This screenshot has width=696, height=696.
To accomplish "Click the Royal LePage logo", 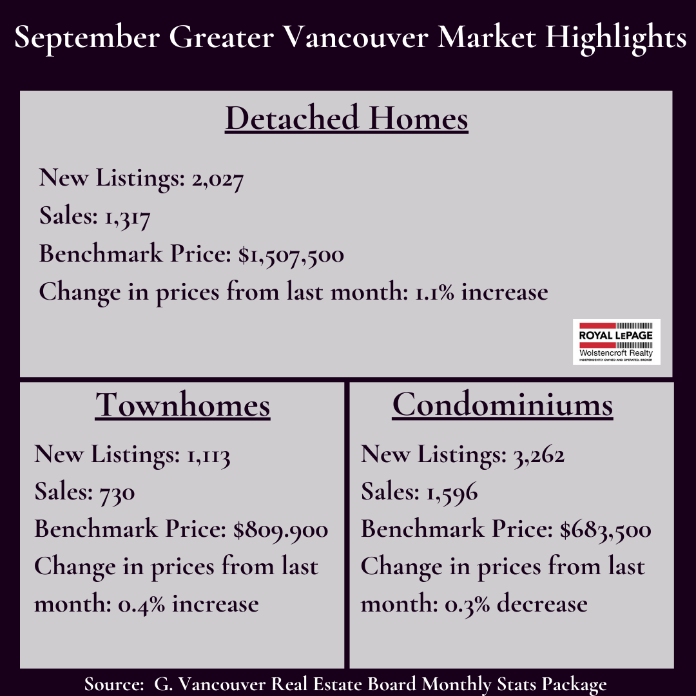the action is pos(616,342).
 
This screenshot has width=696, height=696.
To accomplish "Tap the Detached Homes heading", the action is pos(347,118).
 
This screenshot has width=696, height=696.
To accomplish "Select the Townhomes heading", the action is pos(182,404).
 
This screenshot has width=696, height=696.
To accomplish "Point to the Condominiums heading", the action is pos(503,404).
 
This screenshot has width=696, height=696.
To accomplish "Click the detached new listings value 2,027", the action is pos(218,180).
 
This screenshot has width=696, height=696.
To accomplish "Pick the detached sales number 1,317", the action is pos(128,218).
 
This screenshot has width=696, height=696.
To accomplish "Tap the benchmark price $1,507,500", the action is pos(291,255).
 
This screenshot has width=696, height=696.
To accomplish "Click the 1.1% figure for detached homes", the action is pos(434,293).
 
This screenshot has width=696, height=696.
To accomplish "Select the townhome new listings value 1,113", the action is pos(208,456).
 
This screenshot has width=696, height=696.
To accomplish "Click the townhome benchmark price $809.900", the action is pos(280,530).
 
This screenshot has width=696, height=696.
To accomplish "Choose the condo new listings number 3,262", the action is pos(539,456).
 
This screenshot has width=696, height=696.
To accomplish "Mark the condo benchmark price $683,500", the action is pos(605,530).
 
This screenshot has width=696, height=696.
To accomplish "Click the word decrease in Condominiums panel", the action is pos(542,604).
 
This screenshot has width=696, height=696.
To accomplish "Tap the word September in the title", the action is pos(87,38).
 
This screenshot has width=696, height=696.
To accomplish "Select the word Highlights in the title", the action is pos(616,38).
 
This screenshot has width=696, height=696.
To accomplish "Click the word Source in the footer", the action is pos(113,684).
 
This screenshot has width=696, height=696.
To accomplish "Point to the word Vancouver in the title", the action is pos(356,37).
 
